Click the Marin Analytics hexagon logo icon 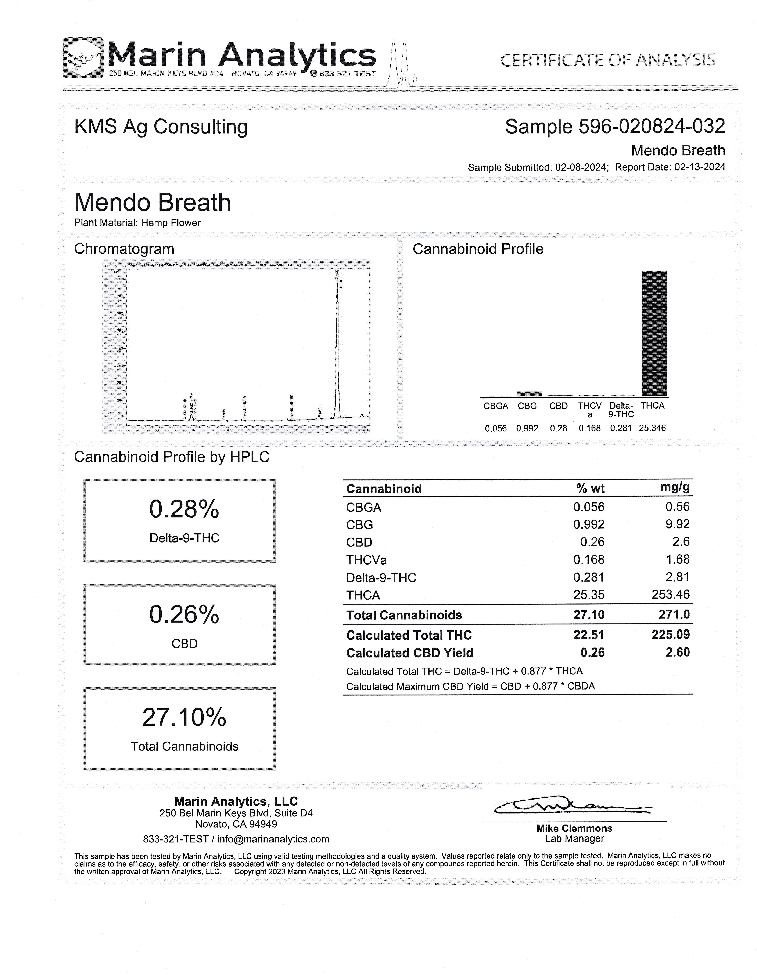(x=83, y=58)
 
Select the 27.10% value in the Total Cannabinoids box (x=184, y=717)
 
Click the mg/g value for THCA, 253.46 (x=670, y=595)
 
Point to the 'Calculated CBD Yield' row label (x=409, y=653)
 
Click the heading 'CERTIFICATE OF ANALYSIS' (x=607, y=60)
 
